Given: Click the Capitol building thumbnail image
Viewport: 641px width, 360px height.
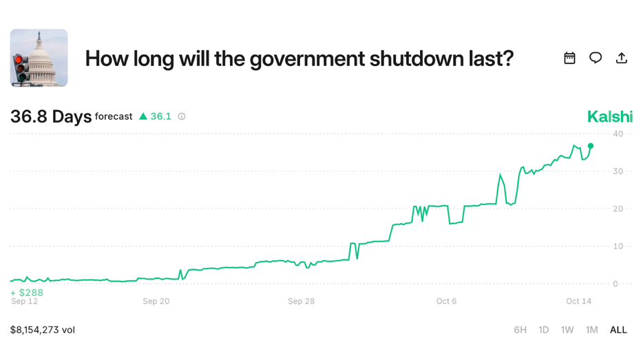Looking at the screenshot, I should [x=39, y=58].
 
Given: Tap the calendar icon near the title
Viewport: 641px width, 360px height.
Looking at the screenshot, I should [x=569, y=58].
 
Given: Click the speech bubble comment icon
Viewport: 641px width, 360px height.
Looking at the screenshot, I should [x=596, y=58].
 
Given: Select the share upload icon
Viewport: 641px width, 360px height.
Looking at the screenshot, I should [x=621, y=58].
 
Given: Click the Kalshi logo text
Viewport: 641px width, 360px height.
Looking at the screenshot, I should [x=609, y=117].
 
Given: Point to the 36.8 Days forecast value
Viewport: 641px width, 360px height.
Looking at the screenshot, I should [x=51, y=117].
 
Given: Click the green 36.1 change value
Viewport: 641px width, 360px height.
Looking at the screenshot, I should [x=160, y=116].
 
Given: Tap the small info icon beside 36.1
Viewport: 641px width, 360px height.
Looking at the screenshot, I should [x=182, y=116].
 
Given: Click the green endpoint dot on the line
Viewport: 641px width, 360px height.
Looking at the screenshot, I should [x=591, y=146].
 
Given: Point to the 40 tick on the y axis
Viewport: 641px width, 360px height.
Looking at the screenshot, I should [x=618, y=134].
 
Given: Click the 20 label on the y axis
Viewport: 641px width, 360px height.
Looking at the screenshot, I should [x=618, y=209].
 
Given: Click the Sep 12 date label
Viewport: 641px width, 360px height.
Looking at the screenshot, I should [x=24, y=301].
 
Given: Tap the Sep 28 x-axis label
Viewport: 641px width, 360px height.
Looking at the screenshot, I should [x=301, y=301].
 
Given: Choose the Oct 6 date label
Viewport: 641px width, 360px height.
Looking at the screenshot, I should [x=446, y=301].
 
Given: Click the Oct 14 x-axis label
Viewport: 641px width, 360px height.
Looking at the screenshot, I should [x=578, y=301].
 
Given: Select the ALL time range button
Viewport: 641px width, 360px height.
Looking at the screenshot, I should [x=618, y=330].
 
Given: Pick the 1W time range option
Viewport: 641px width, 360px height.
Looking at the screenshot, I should [x=567, y=330].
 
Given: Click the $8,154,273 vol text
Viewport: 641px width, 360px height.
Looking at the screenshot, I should [x=43, y=330].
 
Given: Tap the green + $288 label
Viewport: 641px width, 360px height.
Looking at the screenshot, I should [x=27, y=293].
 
